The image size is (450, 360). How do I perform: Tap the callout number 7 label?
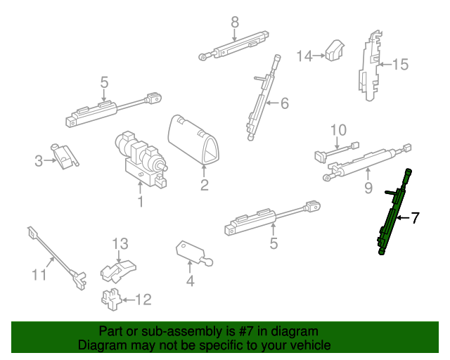pyautogui.click(x=415, y=218)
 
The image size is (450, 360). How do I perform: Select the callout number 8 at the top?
pyautogui.click(x=235, y=22)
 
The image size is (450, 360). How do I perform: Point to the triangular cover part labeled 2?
pyautogui.click(x=193, y=140)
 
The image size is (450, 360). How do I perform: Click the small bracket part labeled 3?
pyautogui.click(x=65, y=157)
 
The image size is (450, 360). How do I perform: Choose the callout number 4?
pyautogui.click(x=190, y=281)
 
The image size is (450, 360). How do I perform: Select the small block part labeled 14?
pyautogui.click(x=335, y=50)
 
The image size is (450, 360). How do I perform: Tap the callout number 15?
pyautogui.click(x=400, y=64)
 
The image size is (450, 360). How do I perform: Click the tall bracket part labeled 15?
pyautogui.click(x=370, y=66)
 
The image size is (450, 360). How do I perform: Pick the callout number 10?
pyautogui.click(x=339, y=130)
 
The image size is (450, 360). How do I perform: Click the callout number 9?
pyautogui.click(x=368, y=188)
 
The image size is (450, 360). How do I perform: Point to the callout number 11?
pyautogui.click(x=39, y=275)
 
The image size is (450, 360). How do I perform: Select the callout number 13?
pyautogui.click(x=120, y=244)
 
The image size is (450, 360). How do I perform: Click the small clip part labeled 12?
pyautogui.click(x=112, y=299)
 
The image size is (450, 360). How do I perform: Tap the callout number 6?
pyautogui.click(x=284, y=103)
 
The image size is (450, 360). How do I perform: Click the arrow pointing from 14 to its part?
pyautogui.click(x=319, y=56)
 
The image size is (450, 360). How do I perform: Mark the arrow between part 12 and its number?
pyautogui.click(x=128, y=300)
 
